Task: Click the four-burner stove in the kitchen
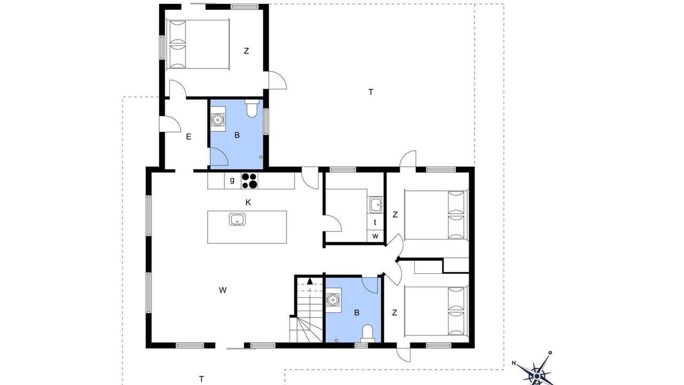250,181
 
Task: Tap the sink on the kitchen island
237,219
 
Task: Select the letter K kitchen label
248,202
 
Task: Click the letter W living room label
223,290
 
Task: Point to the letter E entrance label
189,136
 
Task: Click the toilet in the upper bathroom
252,109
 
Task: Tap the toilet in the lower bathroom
367,334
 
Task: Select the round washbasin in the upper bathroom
217,119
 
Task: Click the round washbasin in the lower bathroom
332,299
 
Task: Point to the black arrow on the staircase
310,281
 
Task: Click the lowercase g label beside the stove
232,180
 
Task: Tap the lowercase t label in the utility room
375,222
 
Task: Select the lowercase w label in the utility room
375,236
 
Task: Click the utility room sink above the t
375,205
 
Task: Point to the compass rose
537,372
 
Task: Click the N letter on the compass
514,363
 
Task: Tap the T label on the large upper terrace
371,92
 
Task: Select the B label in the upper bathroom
237,135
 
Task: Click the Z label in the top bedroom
246,51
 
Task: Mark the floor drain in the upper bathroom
260,157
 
